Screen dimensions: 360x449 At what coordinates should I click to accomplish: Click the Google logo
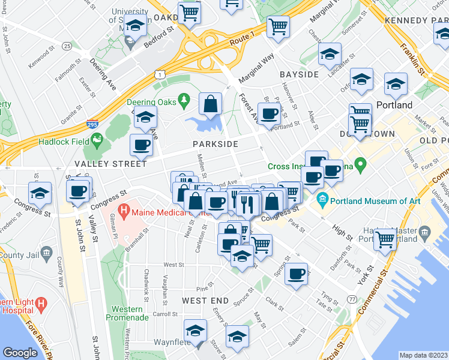click(20, 353)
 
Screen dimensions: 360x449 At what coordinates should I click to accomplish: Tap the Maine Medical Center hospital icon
click(123, 211)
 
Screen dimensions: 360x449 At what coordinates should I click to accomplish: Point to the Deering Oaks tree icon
click(186, 99)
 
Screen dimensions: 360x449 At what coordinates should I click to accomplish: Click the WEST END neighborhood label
click(205, 299)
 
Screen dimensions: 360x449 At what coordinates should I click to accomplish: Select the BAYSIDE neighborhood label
click(299, 74)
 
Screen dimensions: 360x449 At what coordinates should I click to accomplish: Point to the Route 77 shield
click(352, 299)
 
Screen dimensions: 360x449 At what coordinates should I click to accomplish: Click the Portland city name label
click(394, 105)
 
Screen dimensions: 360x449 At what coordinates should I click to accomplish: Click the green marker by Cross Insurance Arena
click(360, 163)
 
